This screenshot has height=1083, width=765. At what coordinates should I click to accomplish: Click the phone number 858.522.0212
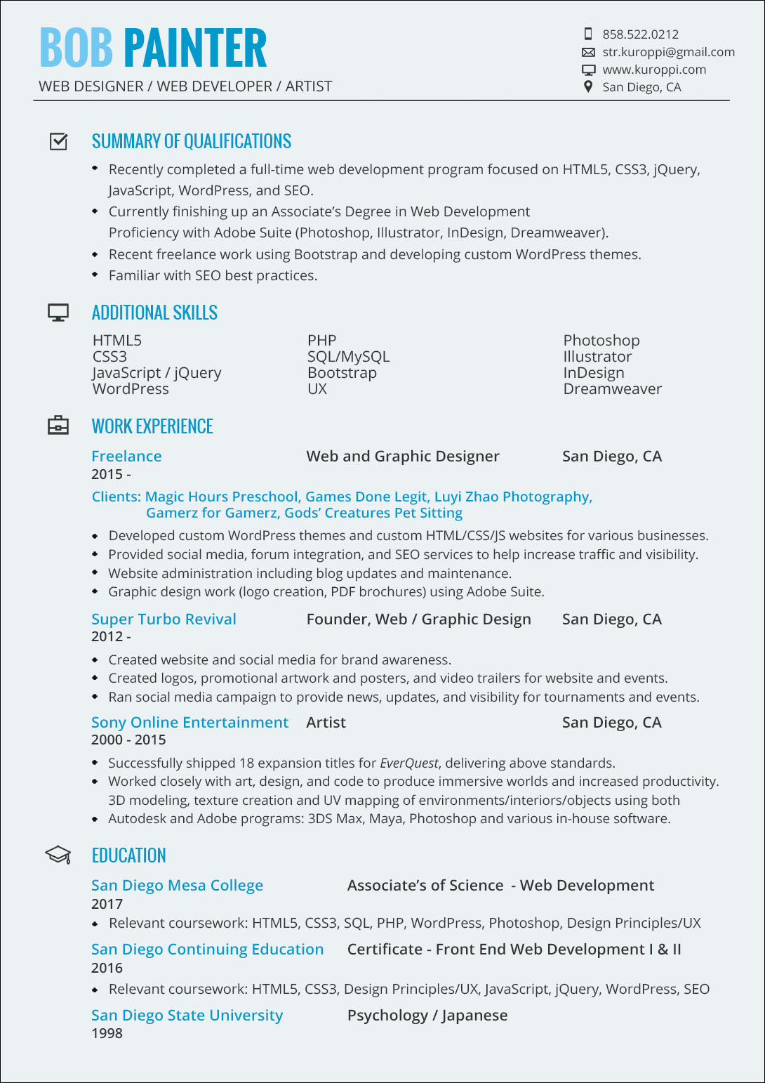point(640,34)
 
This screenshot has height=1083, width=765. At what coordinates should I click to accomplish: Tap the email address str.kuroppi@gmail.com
point(668,52)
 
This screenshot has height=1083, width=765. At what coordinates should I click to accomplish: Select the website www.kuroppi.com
point(654,70)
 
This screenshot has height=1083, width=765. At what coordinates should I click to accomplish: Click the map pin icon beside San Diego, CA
point(588,86)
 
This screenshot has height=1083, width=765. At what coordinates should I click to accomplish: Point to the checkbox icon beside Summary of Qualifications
point(59,141)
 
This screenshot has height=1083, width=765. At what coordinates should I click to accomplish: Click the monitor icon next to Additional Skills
point(58,313)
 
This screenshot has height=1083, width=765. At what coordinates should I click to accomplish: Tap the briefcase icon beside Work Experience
point(58,426)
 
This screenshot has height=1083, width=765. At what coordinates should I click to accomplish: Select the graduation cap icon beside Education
point(58,855)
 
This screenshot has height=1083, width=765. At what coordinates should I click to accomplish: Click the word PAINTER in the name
point(195,48)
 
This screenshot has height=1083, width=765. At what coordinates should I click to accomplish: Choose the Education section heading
point(129,855)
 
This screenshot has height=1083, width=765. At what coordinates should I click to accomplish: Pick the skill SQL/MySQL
point(348,357)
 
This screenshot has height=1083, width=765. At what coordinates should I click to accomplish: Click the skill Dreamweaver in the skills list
point(612,389)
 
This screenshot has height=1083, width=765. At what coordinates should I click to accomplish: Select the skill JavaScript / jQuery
point(157,373)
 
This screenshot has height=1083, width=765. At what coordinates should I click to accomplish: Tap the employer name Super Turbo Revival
point(164,619)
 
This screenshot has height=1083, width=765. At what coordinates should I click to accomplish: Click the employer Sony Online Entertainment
point(189,723)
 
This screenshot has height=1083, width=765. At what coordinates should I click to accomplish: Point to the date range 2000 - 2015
point(128,740)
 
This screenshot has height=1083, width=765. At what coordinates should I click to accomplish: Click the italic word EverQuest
point(408,763)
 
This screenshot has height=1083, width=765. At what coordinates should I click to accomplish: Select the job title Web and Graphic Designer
point(403,457)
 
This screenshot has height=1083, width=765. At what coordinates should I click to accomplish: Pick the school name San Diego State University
point(187,1016)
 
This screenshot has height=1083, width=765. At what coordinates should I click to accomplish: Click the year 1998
point(107,1034)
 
